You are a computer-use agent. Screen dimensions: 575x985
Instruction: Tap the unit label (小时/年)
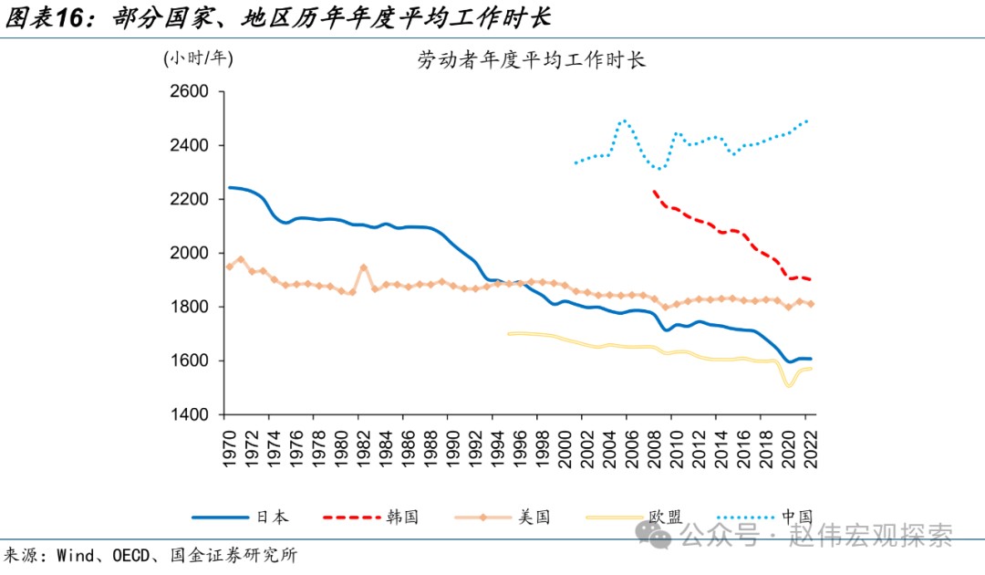(x=199, y=58)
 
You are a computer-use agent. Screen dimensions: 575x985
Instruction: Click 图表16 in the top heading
(x=50, y=18)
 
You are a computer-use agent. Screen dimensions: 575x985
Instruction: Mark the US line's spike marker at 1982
(x=363, y=268)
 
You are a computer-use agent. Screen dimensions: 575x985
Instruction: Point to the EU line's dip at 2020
(x=788, y=386)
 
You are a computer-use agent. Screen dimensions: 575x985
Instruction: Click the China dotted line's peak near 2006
(x=624, y=120)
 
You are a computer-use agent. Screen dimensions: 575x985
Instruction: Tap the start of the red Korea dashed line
(x=654, y=192)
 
